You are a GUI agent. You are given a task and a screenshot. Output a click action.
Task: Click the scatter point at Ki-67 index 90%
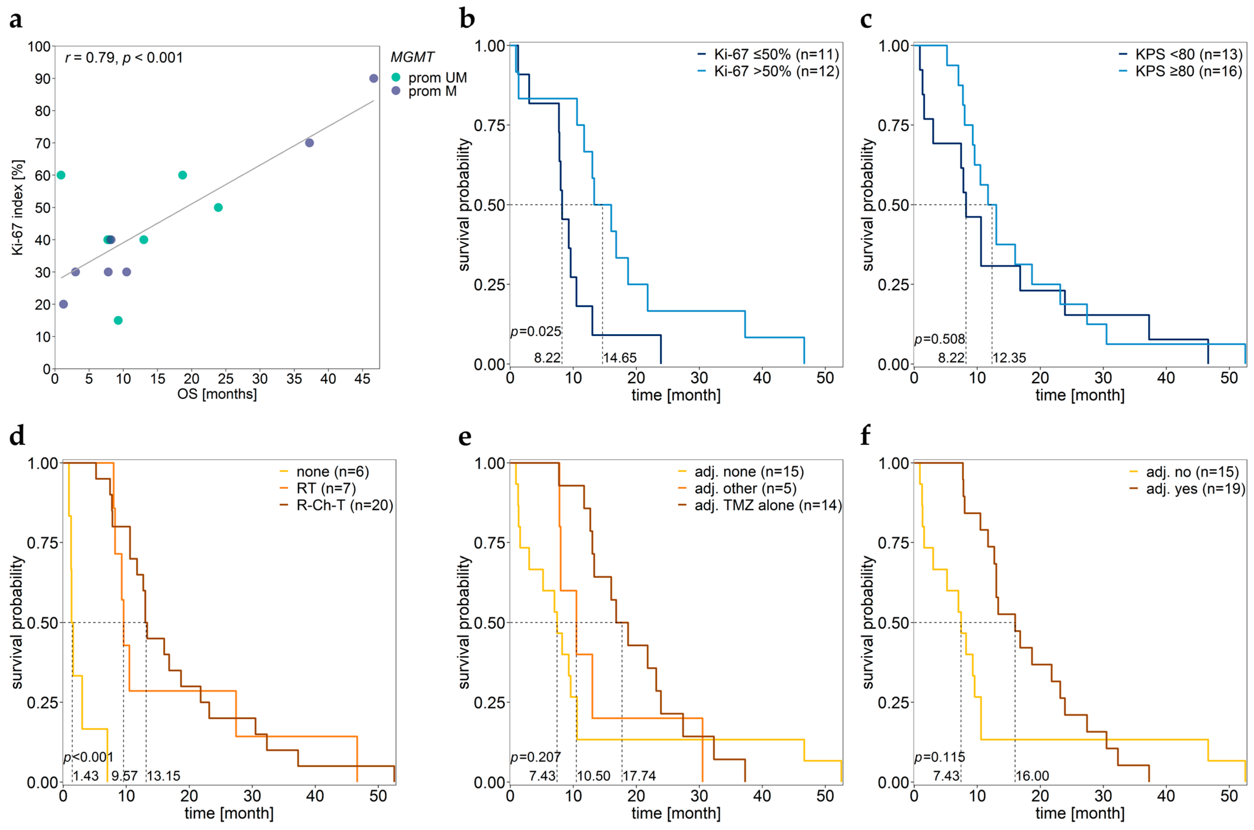click(x=373, y=78)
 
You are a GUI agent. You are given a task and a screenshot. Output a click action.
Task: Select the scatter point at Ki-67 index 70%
click(x=310, y=143)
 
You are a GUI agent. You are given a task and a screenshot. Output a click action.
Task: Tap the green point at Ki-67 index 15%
click(x=118, y=320)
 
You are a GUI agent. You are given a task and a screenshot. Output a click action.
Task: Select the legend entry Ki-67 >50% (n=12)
click(x=776, y=72)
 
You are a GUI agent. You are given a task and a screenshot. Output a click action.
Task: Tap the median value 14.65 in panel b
click(x=619, y=358)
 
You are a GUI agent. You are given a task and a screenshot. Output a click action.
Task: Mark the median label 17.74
click(x=639, y=776)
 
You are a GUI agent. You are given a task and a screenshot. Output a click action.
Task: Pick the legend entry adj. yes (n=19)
click(x=1195, y=489)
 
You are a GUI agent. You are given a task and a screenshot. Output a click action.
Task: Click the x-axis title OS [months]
click(x=217, y=394)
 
